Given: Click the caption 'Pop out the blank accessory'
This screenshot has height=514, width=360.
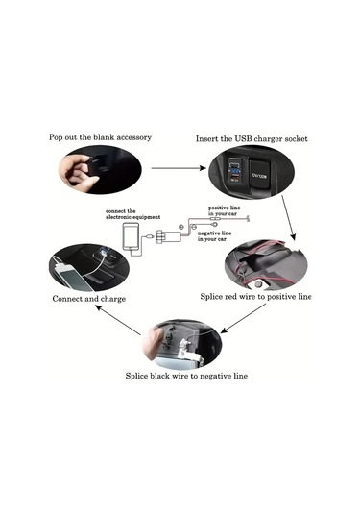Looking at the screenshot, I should pos(100,137).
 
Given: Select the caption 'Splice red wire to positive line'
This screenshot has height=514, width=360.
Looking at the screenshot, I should pos(255,297).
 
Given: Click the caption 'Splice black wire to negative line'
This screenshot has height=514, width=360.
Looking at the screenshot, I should pos(186,376).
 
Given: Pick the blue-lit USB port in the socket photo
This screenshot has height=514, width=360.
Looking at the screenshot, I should pos(234,175).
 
